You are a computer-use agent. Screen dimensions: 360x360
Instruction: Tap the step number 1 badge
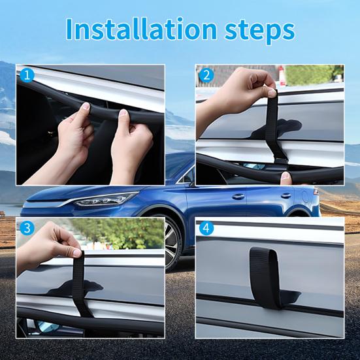pos(27,75)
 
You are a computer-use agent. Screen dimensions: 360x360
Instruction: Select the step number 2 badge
pos(207,75)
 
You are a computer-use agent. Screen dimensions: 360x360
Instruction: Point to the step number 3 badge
pos(27,228)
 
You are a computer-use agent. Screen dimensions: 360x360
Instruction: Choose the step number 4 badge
pos(207,229)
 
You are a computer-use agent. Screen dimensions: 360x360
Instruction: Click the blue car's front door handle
pos(238,196)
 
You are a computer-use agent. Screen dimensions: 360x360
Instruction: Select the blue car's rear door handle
pos(286,195)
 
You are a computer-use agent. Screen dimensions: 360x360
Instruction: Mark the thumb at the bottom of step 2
pos(286,177)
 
